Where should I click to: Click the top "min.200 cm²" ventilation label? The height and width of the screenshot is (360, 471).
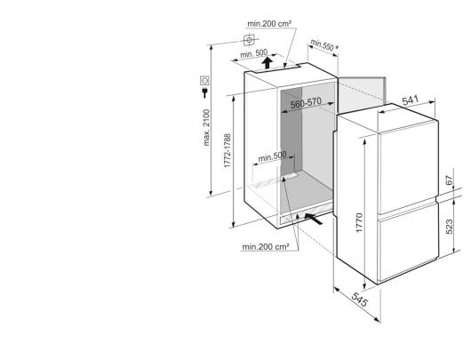click(x=269, y=23)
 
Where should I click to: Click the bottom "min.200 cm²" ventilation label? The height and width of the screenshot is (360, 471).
click(x=266, y=247)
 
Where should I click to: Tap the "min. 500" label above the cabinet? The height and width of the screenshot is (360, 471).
click(x=254, y=54)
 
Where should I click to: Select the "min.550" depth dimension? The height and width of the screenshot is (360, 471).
click(x=322, y=44)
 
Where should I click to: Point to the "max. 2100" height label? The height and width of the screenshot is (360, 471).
click(x=207, y=128)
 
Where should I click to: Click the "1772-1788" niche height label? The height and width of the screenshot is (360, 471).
click(x=228, y=151)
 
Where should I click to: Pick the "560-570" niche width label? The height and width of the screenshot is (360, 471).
click(x=306, y=103)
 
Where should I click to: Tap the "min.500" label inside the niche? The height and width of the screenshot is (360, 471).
click(x=272, y=156)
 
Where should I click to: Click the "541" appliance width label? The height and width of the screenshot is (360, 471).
click(x=410, y=100)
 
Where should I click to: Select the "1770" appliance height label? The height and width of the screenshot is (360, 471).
click(x=359, y=223)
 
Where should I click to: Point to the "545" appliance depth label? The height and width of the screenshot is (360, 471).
click(x=360, y=300)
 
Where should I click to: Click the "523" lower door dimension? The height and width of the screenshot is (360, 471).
click(x=449, y=227)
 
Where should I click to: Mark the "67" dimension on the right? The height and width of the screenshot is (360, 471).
click(x=449, y=180)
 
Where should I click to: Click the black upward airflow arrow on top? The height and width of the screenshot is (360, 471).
click(x=266, y=64)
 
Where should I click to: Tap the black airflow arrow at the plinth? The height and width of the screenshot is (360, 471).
click(x=314, y=219)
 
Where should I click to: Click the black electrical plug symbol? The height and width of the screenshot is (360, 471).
click(x=204, y=92)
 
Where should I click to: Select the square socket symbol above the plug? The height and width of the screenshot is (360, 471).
click(x=204, y=80)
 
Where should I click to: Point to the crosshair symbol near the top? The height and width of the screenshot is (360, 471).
click(x=249, y=40)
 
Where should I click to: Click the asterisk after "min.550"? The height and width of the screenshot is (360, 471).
click(x=337, y=47)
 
